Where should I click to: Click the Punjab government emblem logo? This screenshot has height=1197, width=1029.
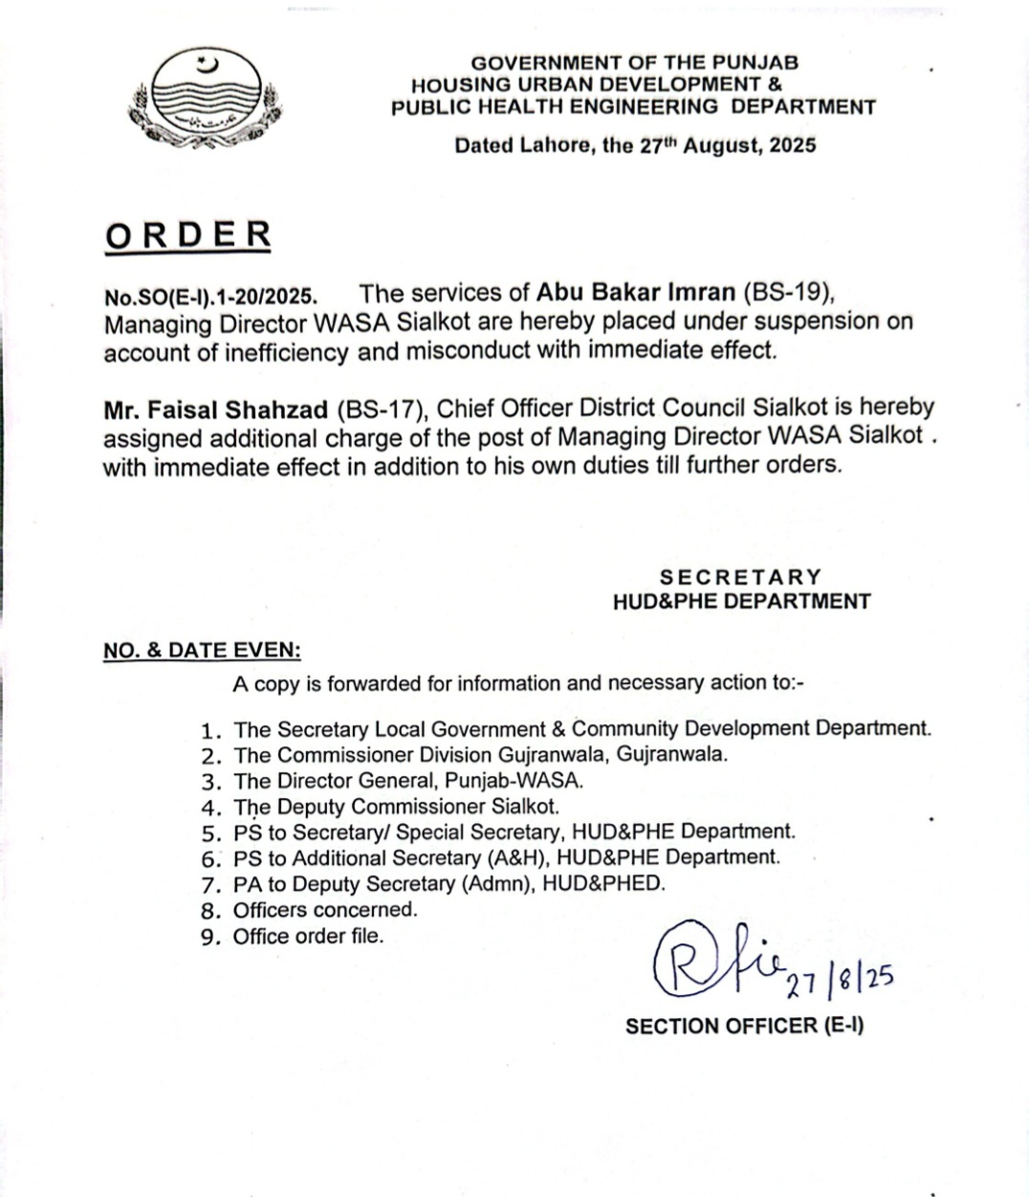[x=206, y=100]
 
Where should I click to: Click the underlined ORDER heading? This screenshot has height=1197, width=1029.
[x=188, y=235]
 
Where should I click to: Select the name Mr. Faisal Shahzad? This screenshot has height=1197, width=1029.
[x=217, y=410]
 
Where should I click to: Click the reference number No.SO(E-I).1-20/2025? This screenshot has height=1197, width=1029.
[x=210, y=296]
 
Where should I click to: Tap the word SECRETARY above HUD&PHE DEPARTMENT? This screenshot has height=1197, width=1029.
[x=740, y=577]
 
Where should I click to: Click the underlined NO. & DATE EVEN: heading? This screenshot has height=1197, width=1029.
[x=202, y=651]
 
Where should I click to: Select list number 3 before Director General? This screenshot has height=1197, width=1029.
[x=211, y=781]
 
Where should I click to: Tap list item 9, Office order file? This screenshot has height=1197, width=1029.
[x=308, y=936]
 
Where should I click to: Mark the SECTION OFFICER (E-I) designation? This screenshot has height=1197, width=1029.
[x=744, y=1026]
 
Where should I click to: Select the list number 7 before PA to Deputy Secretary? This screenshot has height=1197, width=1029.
[x=211, y=884]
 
